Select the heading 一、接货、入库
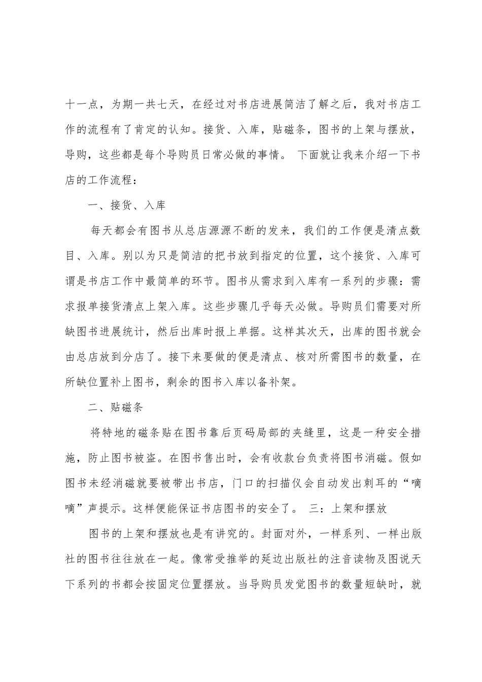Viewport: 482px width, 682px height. [x=127, y=206]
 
